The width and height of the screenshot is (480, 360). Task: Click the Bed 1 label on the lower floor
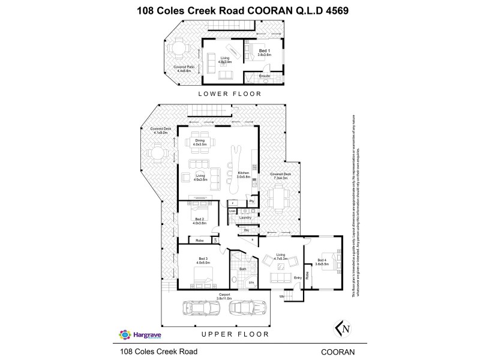click(261, 52)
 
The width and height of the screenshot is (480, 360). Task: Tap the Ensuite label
click(264, 76)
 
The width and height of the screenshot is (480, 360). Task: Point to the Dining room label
click(200, 143)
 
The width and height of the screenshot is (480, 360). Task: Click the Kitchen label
click(242, 174)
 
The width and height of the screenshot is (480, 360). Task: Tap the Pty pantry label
click(252, 202)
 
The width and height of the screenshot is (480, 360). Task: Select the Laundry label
click(245, 217)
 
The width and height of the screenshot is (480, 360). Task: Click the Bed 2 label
click(200, 221)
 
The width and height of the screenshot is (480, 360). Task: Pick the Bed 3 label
click(202, 260)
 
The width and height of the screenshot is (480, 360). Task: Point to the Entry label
click(298, 278)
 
